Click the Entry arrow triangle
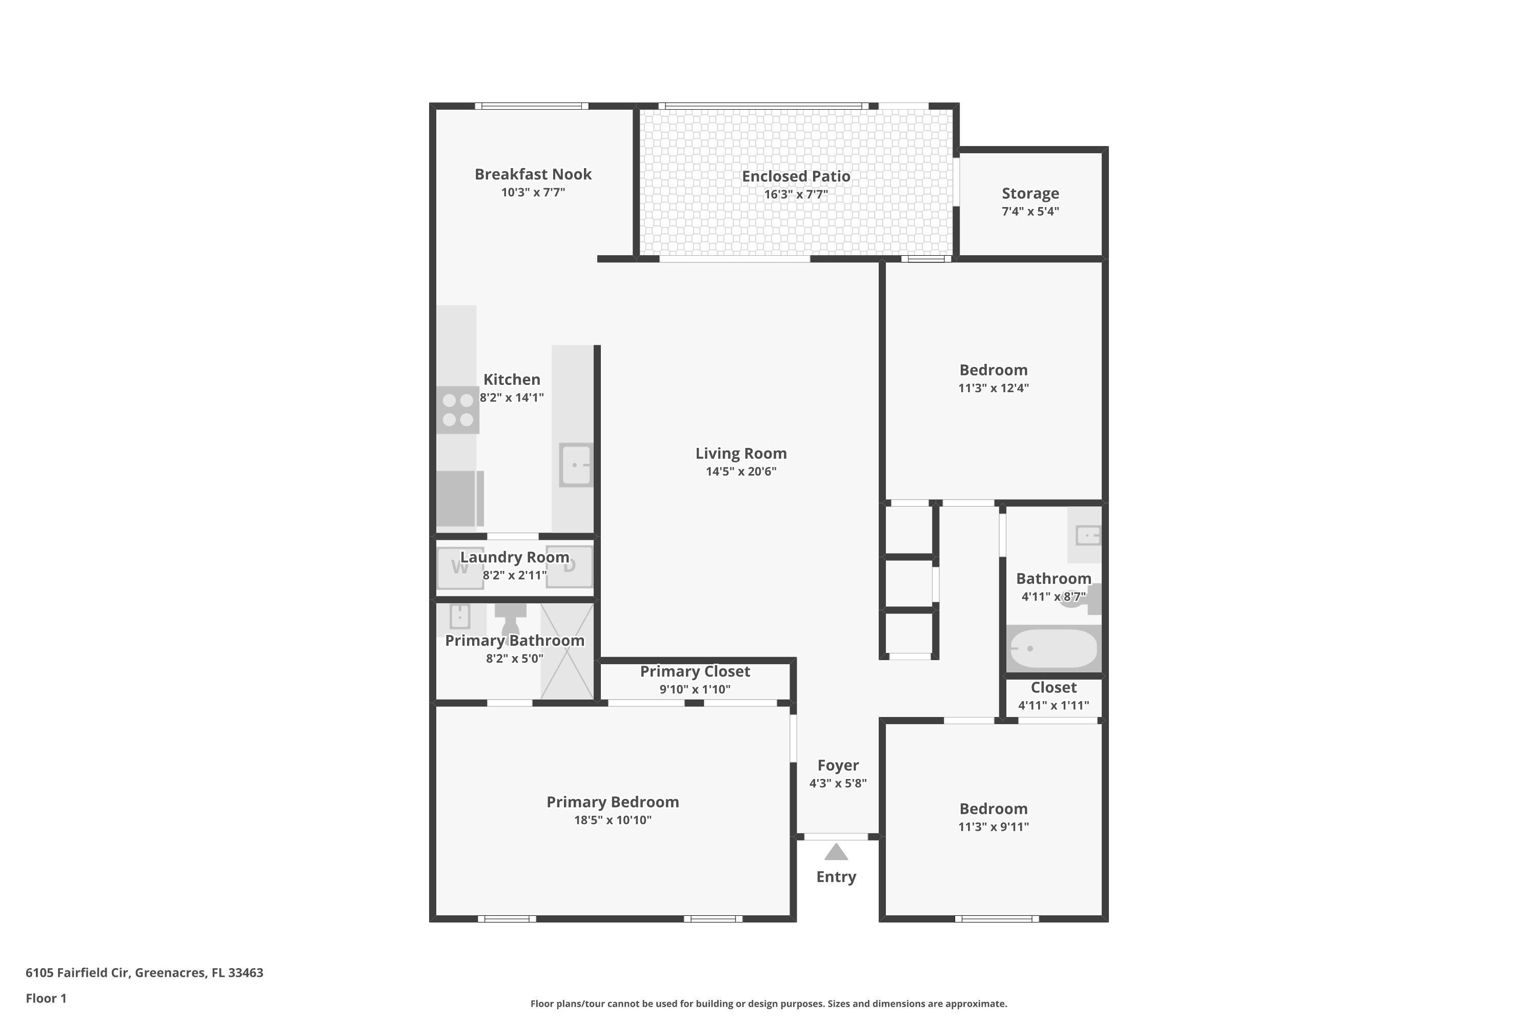pos(836,852)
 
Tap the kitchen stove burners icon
pos(458,410)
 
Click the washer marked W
pos(460,567)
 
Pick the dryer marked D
pos(569,566)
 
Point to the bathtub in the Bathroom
pos(1053,648)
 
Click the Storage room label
pos(1030,194)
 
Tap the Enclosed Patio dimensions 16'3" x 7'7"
pos(796,195)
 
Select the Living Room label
pos(741,454)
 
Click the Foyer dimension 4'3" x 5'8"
pos(838,783)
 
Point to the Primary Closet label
pos(695,671)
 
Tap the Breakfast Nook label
pos(533,175)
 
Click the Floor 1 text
pos(46,998)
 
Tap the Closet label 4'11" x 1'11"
pos(1053,705)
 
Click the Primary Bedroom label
pos(612,802)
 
